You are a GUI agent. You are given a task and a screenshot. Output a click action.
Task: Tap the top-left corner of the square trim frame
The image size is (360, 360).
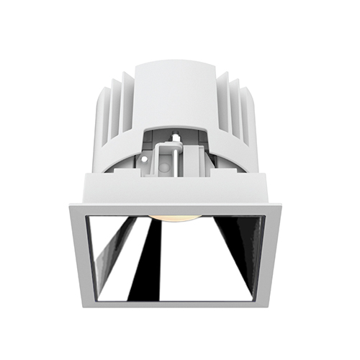click(71, 206)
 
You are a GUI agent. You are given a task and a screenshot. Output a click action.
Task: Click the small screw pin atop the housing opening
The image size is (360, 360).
click(174, 135)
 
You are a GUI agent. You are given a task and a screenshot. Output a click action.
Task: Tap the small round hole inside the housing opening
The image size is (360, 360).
click(166, 166)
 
